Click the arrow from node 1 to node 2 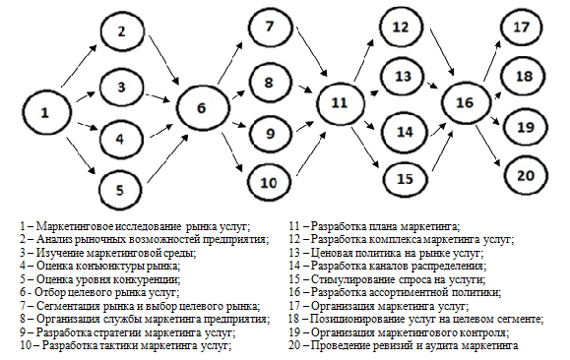click(79, 67)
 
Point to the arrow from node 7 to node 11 click(311, 51)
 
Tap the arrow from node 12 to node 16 click(442, 51)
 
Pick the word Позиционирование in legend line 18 click(349, 320)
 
